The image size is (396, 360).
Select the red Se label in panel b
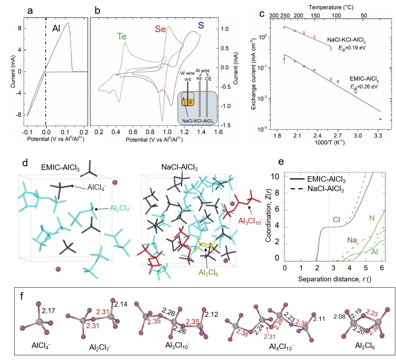tap(161, 29)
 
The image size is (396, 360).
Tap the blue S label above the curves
tap(201, 25)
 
